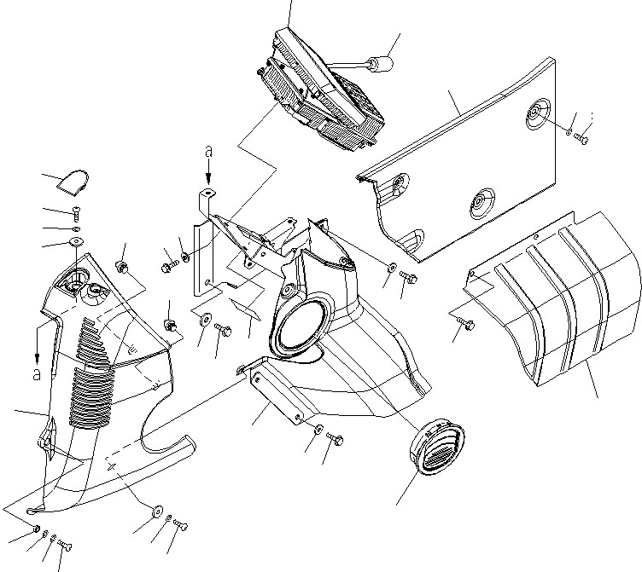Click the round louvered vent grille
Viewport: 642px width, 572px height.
pyautogui.click(x=441, y=448)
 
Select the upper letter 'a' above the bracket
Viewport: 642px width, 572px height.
pyautogui.click(x=208, y=153)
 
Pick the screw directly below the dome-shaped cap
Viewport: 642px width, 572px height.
pyautogui.click(x=76, y=213)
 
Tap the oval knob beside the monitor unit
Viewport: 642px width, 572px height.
pyautogui.click(x=380, y=64)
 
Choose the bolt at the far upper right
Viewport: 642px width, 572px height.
pyautogui.click(x=584, y=136)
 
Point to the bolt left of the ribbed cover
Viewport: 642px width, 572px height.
pyautogui.click(x=468, y=322)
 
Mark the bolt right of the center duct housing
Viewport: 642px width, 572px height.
pyautogui.click(x=407, y=276)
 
